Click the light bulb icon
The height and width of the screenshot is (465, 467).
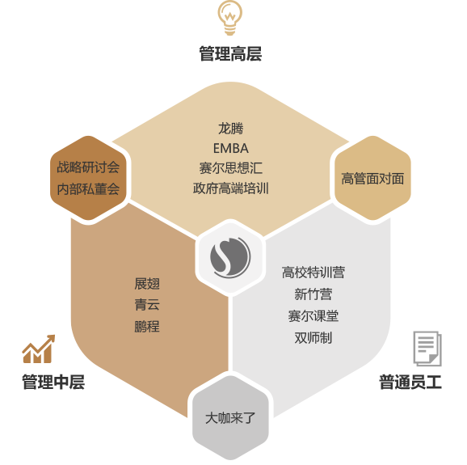(x=229, y=18)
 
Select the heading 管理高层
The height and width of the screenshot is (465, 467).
(x=230, y=54)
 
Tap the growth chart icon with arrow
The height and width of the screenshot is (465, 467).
(x=39, y=349)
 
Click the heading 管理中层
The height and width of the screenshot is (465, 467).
(x=53, y=382)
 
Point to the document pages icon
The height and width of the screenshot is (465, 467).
(x=427, y=349)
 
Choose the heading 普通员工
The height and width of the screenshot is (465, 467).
(x=410, y=382)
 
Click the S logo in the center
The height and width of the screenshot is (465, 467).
(x=230, y=257)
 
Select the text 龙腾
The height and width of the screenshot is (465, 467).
(x=231, y=129)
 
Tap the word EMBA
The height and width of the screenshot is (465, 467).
(x=231, y=149)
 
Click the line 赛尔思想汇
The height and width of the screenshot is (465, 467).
(x=231, y=168)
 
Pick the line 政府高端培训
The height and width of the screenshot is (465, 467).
(x=231, y=188)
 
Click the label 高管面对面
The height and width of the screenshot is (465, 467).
(x=372, y=179)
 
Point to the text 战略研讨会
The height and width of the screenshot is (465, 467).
(x=88, y=167)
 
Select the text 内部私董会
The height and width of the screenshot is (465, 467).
(x=88, y=189)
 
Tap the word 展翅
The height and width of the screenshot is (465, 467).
(x=147, y=284)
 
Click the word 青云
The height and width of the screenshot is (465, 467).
(x=147, y=305)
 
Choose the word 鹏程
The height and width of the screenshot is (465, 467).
(x=147, y=327)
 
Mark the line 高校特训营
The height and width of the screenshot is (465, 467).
(x=313, y=273)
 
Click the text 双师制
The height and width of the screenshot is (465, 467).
(x=313, y=338)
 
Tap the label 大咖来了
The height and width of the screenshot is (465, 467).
(x=230, y=418)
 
